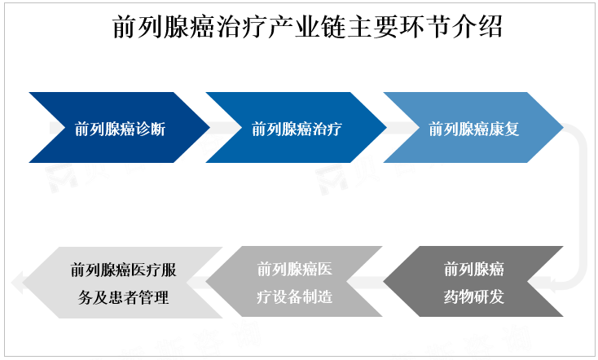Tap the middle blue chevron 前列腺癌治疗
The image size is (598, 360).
tap(296, 128)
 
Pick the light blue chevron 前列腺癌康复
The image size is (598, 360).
tap(473, 128)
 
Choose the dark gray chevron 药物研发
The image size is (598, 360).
tap(473, 282)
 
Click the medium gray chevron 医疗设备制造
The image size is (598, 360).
tap(295, 282)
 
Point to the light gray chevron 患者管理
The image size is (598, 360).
tap(122, 282)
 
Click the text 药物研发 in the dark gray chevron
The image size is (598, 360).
tap(473, 296)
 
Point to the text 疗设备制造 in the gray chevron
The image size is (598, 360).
tap(295, 296)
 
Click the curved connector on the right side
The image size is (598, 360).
tap(580, 204)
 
